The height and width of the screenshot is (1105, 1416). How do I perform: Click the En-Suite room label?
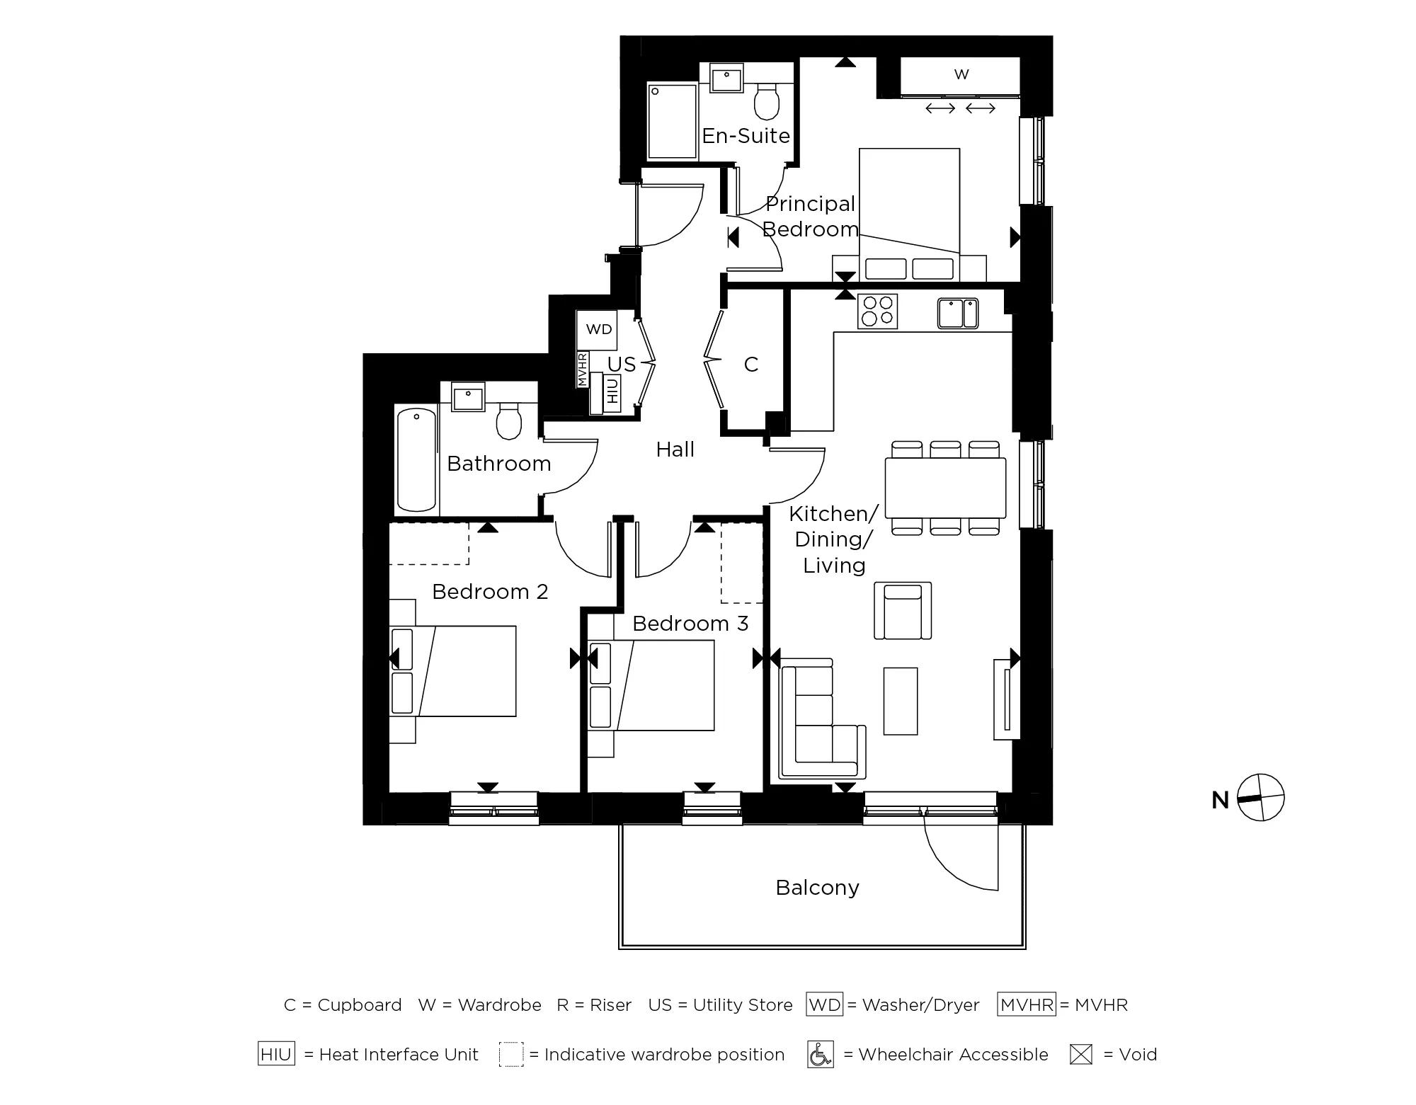point(746,136)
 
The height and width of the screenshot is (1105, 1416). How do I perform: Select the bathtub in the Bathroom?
point(416,459)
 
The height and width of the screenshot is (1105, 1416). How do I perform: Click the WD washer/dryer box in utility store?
point(598,329)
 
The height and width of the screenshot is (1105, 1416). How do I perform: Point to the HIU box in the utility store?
point(612,391)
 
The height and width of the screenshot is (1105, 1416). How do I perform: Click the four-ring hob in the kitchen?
point(878,311)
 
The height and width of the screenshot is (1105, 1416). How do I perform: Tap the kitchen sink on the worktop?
point(958,313)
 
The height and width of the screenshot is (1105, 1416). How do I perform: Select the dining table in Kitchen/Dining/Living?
point(945,488)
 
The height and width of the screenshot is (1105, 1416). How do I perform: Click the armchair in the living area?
point(903,611)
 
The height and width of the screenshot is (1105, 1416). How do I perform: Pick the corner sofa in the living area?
point(814,722)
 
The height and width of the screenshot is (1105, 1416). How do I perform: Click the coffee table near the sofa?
point(901,701)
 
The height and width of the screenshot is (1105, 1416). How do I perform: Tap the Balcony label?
point(817,888)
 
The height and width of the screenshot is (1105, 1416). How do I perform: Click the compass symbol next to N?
point(1261,798)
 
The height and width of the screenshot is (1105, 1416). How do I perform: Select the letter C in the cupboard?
point(751,365)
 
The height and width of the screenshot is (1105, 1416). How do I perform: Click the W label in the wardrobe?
point(961,74)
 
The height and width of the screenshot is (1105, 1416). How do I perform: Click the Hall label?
point(675,450)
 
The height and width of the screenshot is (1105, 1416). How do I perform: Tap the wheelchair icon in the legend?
point(820,1055)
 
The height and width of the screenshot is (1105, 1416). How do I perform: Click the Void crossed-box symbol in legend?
point(1080,1055)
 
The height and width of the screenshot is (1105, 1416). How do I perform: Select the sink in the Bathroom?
point(468,397)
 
